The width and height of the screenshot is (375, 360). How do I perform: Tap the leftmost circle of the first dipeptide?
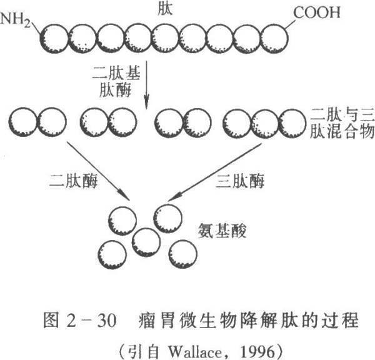(x=24, y=122)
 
